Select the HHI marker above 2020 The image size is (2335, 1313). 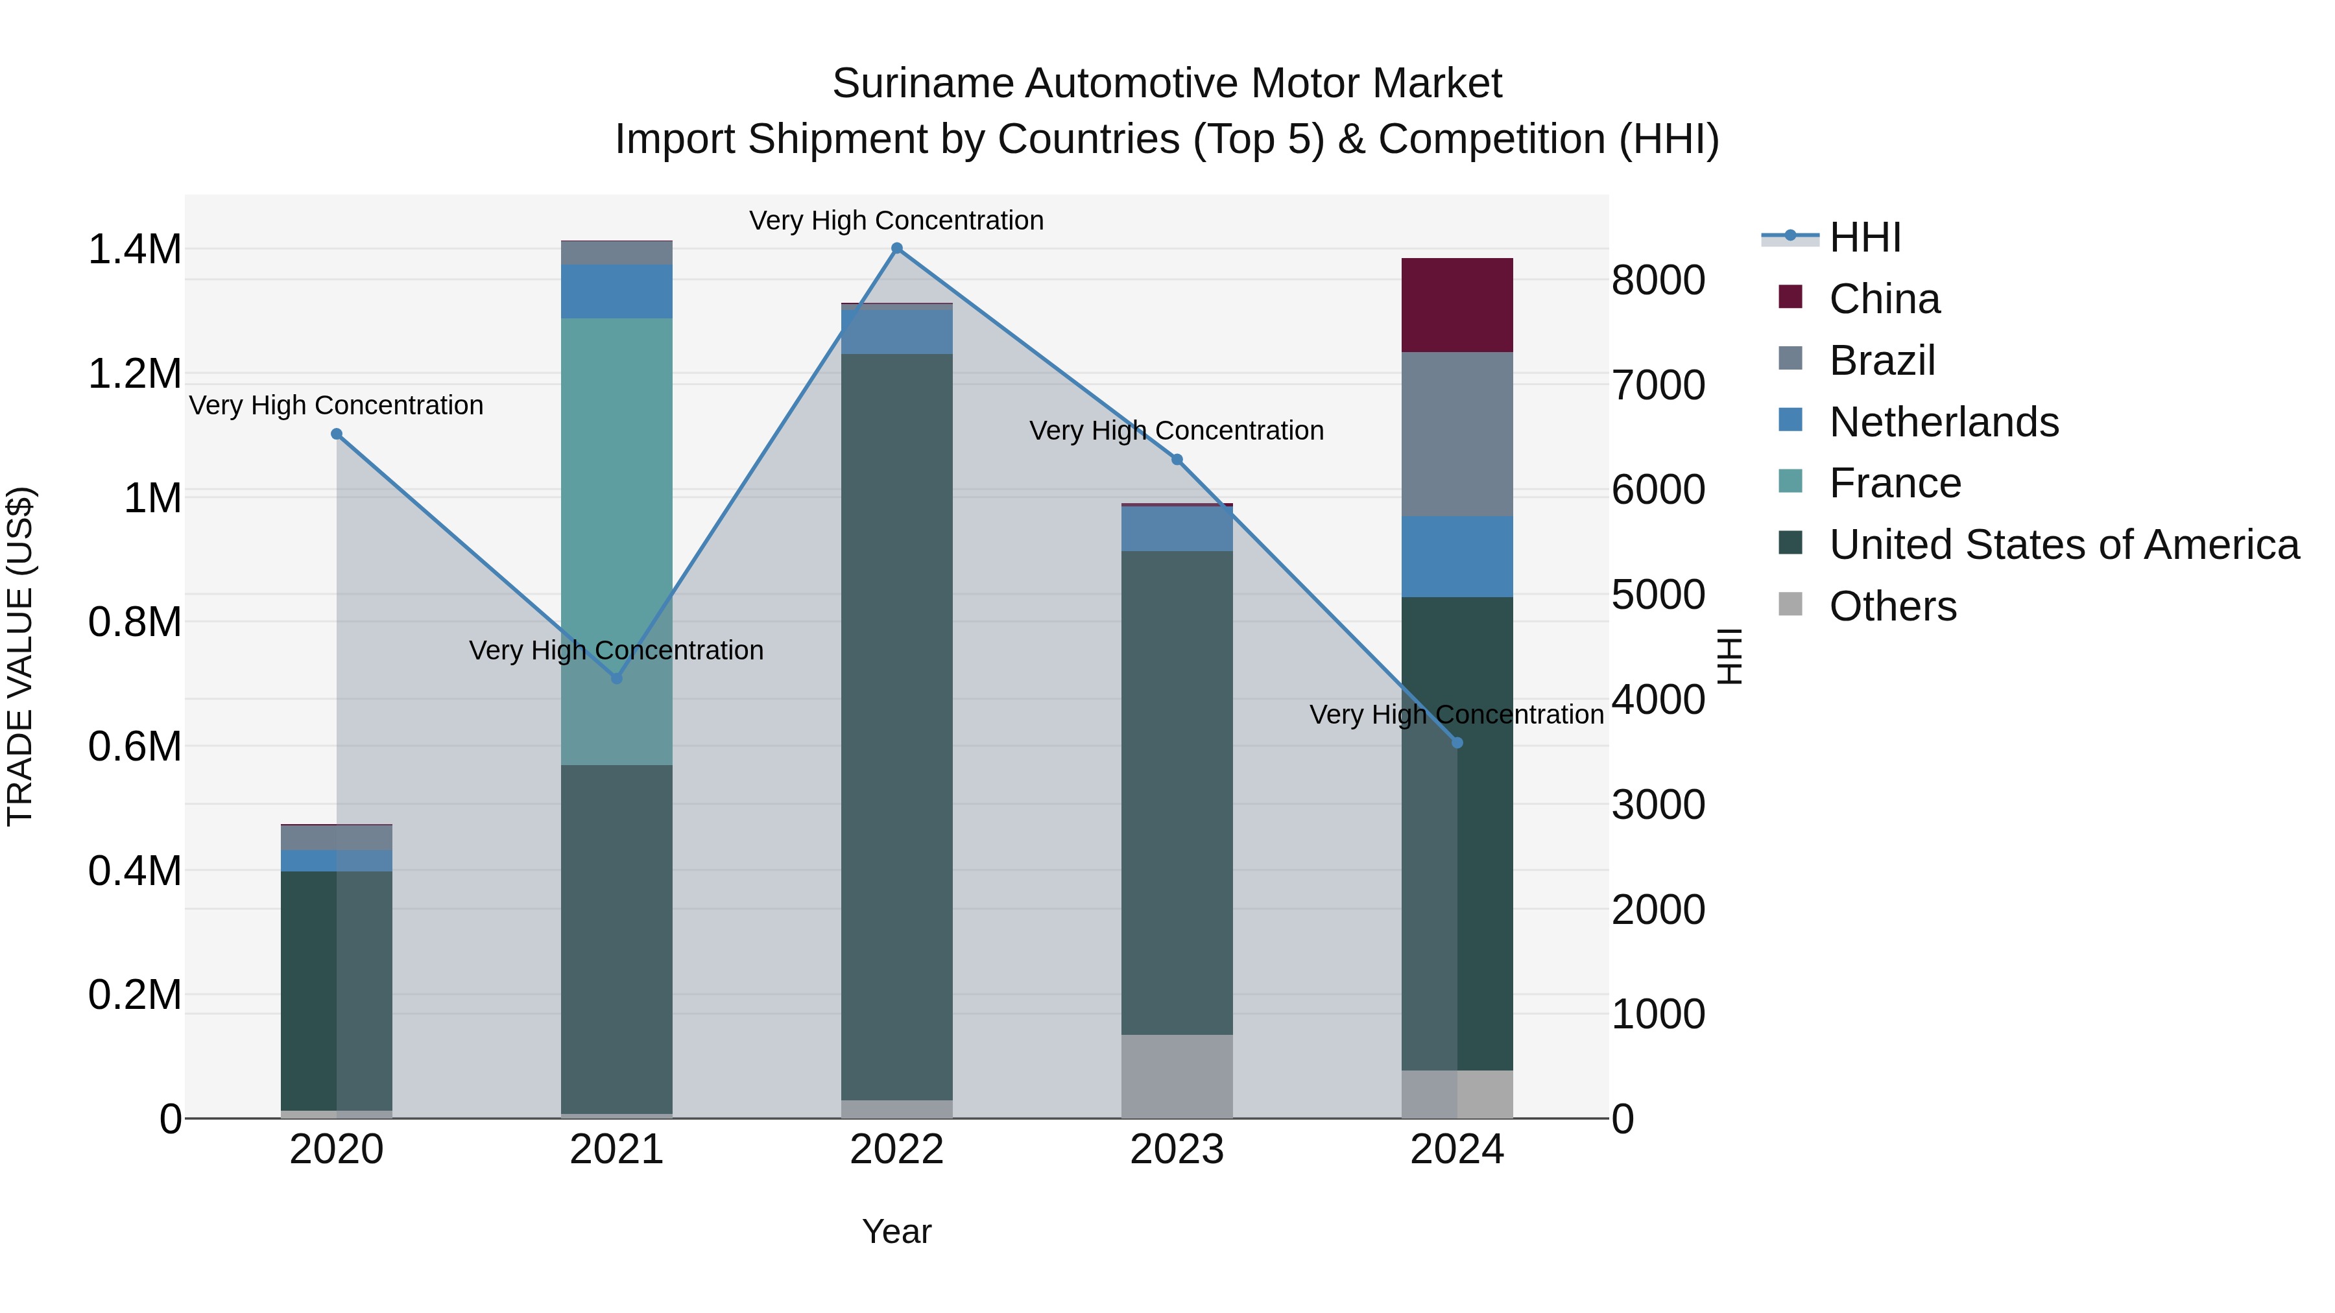click(x=336, y=434)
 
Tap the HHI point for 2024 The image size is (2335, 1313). click(x=1457, y=743)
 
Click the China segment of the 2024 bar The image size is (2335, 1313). click(x=1457, y=305)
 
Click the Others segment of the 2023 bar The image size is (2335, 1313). click(x=1177, y=1076)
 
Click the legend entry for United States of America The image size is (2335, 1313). click(x=2063, y=545)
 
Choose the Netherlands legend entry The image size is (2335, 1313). click(x=1943, y=422)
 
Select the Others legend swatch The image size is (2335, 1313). click(x=1790, y=604)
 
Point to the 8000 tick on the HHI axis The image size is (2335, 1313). click(x=1658, y=280)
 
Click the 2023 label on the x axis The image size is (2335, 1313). click(x=1177, y=1150)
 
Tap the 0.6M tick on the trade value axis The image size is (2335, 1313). click(x=134, y=747)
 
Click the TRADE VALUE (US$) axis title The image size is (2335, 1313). click(x=20, y=656)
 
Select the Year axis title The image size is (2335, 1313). click(x=896, y=1231)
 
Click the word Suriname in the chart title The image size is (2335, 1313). click(x=922, y=84)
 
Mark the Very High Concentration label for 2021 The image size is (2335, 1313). click(x=616, y=650)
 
